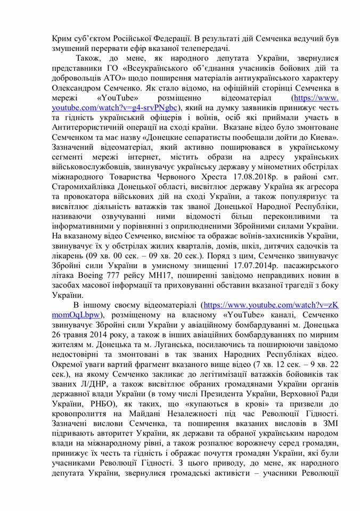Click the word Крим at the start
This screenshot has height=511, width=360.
(x=62, y=39)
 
